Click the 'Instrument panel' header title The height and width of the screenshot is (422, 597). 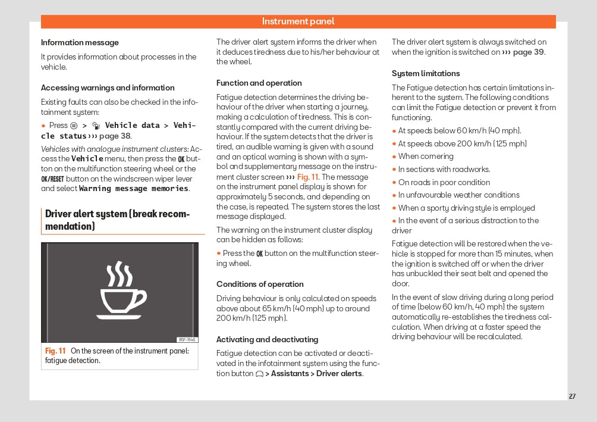(298, 21)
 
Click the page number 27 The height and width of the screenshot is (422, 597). (572, 396)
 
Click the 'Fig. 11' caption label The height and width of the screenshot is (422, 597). (55, 351)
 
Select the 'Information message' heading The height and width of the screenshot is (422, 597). (80, 43)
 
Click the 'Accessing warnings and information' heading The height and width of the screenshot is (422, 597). (108, 87)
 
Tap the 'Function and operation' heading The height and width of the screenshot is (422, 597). (259, 83)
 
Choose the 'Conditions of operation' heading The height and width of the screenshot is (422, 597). (260, 285)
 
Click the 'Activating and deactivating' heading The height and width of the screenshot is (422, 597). (267, 340)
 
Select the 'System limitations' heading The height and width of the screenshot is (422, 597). (426, 74)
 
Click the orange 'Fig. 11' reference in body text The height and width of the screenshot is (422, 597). (307, 177)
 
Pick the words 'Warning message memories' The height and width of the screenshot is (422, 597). (134, 189)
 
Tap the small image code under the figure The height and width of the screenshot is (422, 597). (187, 340)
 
